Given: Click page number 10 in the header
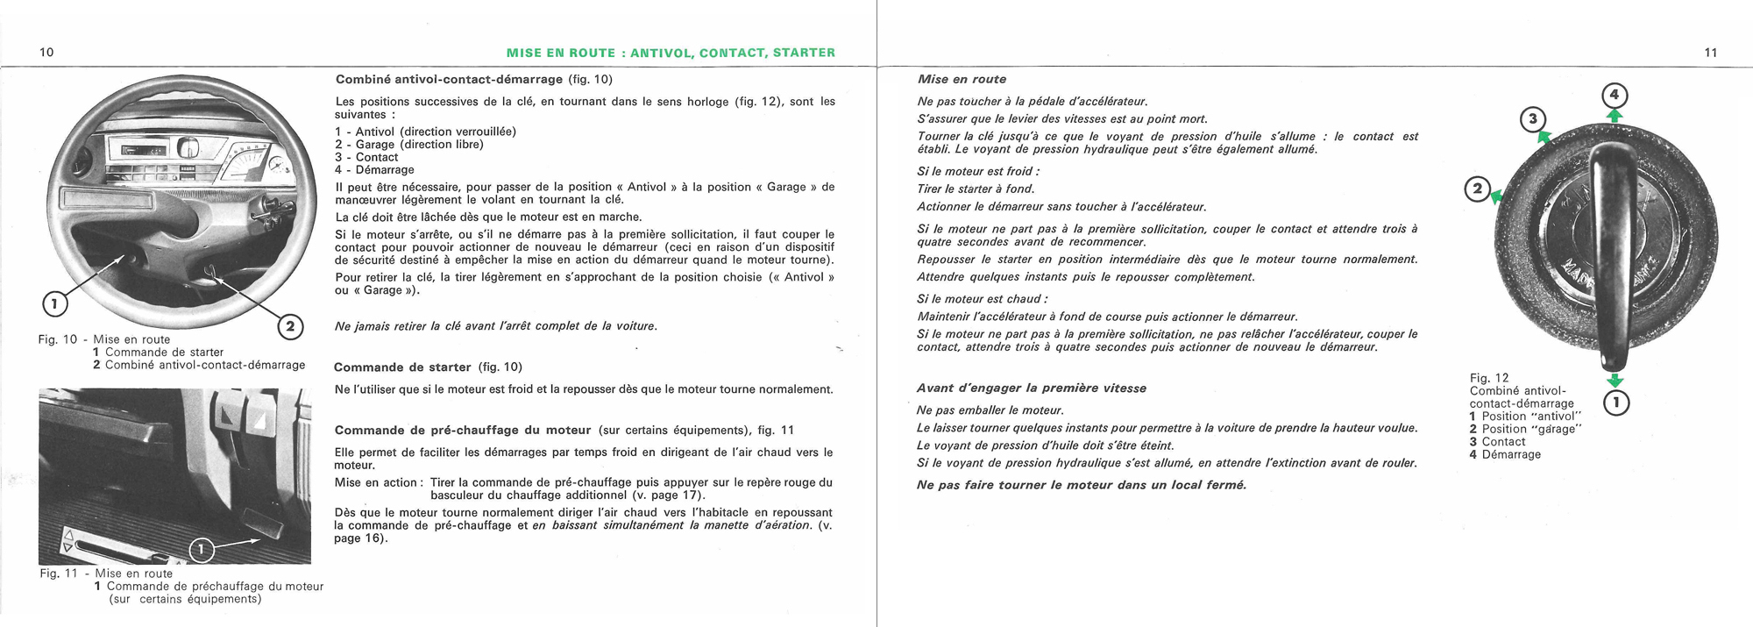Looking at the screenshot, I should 47,53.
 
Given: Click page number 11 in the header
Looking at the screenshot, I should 1711,53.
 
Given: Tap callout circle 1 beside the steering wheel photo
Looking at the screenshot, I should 54,304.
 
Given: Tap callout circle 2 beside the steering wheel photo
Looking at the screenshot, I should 290,327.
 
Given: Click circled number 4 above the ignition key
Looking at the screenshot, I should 1615,95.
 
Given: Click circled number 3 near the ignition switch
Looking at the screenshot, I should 1532,119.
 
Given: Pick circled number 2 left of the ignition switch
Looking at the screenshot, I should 1478,189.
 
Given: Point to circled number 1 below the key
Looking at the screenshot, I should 1615,403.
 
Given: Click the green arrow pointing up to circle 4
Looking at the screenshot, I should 1615,115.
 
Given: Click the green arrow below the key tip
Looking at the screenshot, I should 1615,381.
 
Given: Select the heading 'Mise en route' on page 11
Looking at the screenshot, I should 962,79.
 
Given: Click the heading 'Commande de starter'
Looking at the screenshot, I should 404,367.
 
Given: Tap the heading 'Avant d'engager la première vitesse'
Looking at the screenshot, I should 1031,388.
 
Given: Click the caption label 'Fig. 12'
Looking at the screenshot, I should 1489,378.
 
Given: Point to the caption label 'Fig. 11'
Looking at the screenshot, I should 59,574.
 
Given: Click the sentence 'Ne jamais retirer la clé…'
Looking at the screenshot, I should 495,326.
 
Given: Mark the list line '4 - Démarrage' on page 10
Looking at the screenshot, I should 374,170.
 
